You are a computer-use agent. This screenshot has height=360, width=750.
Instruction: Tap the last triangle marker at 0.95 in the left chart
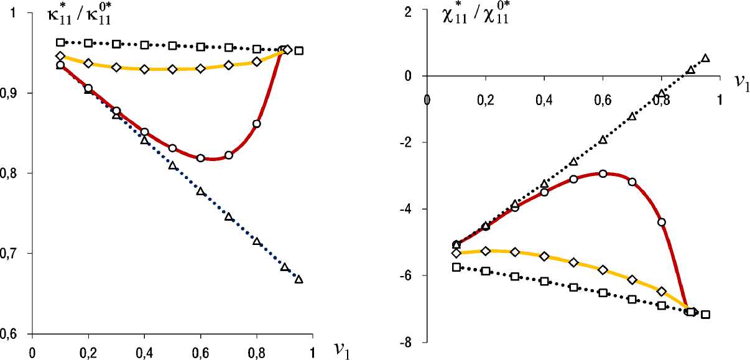[x=299, y=280]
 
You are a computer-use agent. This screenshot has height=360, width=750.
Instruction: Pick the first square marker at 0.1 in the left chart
[x=60, y=42]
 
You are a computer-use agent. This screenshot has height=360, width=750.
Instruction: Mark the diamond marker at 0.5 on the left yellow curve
[x=172, y=69]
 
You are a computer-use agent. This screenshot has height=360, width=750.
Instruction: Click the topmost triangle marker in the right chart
[x=705, y=58]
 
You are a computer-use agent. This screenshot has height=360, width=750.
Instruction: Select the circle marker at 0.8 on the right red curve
[x=662, y=222]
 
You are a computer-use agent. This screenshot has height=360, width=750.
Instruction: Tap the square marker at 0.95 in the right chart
[x=705, y=315]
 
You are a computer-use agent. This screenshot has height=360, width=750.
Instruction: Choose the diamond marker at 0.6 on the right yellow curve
[x=602, y=270]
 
